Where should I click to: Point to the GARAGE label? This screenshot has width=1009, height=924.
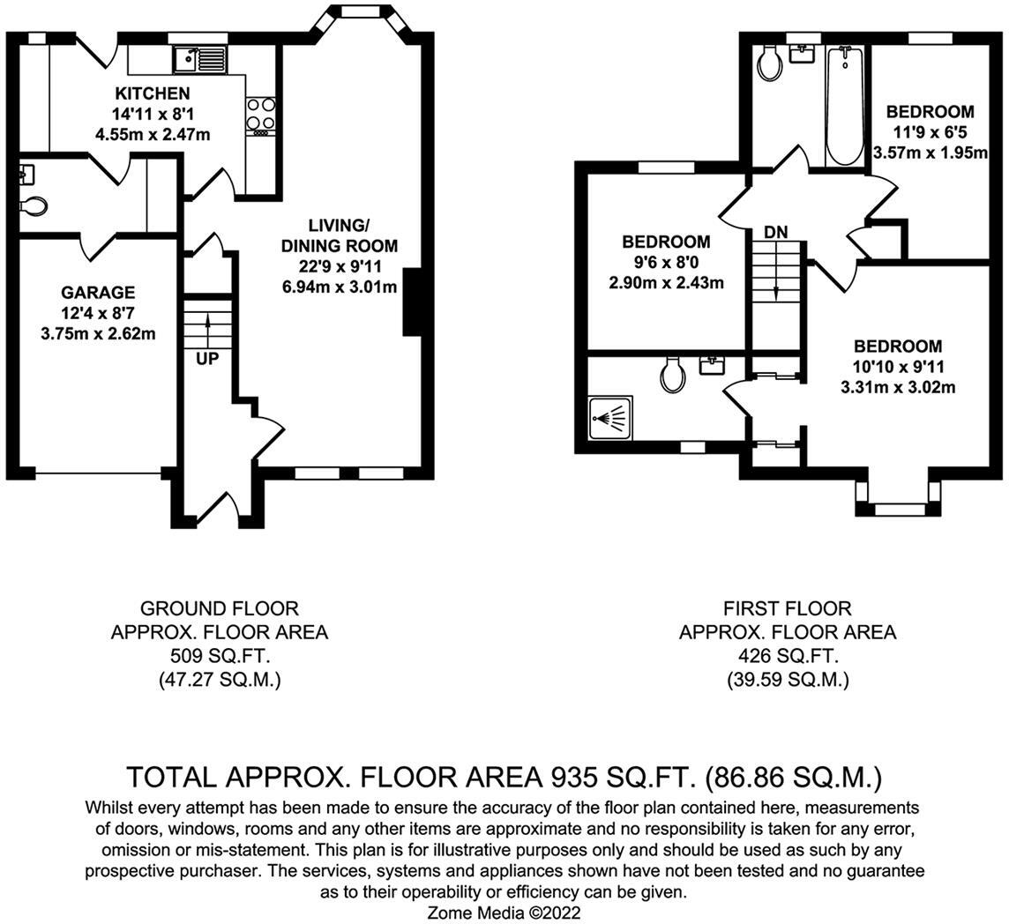(98, 293)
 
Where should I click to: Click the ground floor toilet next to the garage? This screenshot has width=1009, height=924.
(33, 205)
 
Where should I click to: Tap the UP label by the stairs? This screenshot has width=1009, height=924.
(207, 359)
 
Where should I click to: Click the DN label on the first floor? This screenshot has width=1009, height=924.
(775, 233)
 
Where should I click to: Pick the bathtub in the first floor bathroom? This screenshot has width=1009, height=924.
(846, 106)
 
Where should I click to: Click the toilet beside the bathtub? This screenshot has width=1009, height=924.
(769, 64)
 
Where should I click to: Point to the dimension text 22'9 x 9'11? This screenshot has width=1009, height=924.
(340, 266)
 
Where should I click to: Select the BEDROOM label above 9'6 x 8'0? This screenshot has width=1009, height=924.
(666, 242)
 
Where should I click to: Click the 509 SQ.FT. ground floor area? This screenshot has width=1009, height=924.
(219, 656)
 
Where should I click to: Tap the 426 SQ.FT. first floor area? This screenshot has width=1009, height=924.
(787, 656)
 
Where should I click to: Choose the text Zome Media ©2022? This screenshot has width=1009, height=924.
(504, 913)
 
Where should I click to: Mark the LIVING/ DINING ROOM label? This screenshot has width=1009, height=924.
(340, 236)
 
